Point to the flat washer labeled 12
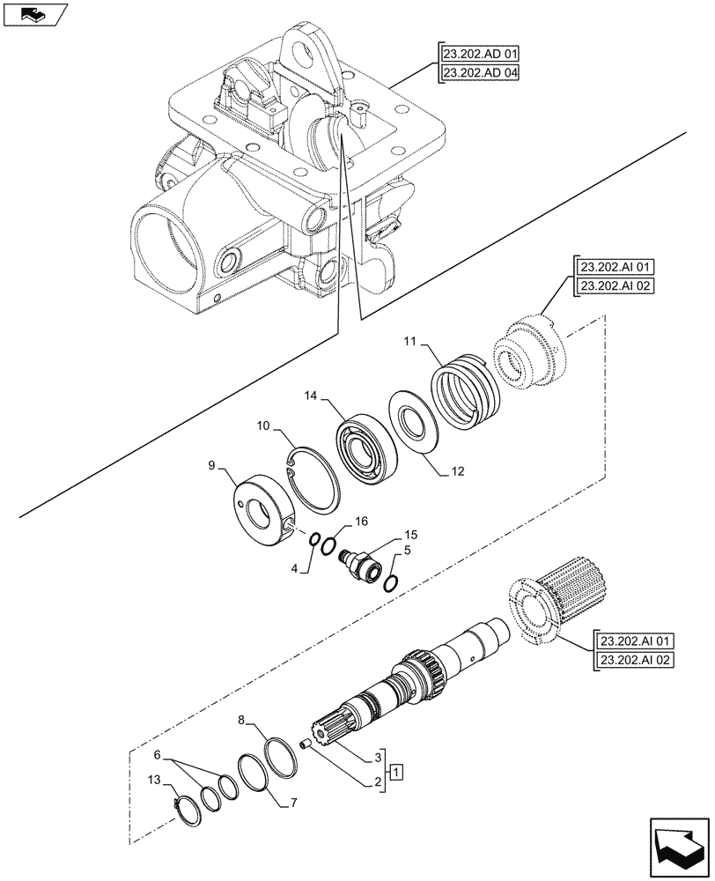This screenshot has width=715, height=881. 416,426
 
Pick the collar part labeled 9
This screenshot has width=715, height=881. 262,513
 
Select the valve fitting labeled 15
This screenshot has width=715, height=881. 363,565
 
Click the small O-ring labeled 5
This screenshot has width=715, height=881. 394,581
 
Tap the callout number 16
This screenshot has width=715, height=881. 359,522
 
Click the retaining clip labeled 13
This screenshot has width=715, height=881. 189,805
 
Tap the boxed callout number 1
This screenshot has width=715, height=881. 397,773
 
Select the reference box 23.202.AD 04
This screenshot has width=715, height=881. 476,74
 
